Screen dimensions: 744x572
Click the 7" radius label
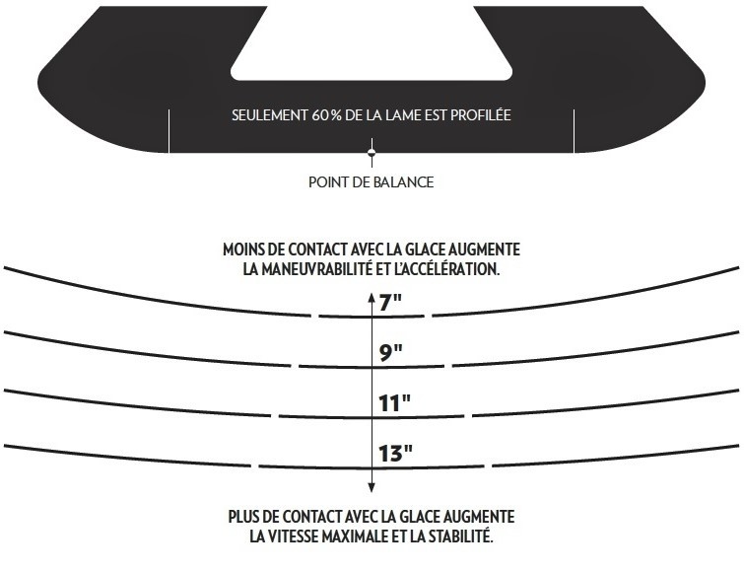[391, 302]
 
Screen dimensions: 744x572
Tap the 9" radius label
[391, 352]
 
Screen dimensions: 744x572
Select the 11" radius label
[394, 402]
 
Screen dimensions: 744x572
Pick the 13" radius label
[395, 453]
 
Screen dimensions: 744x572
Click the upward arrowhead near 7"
[372, 297]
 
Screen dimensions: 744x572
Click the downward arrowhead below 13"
[372, 487]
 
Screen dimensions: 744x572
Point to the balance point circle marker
[372, 152]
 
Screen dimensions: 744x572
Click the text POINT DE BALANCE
[372, 182]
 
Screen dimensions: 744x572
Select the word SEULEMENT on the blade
[269, 115]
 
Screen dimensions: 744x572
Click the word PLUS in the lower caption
[242, 517]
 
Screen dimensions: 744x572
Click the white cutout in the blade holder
[372, 42]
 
